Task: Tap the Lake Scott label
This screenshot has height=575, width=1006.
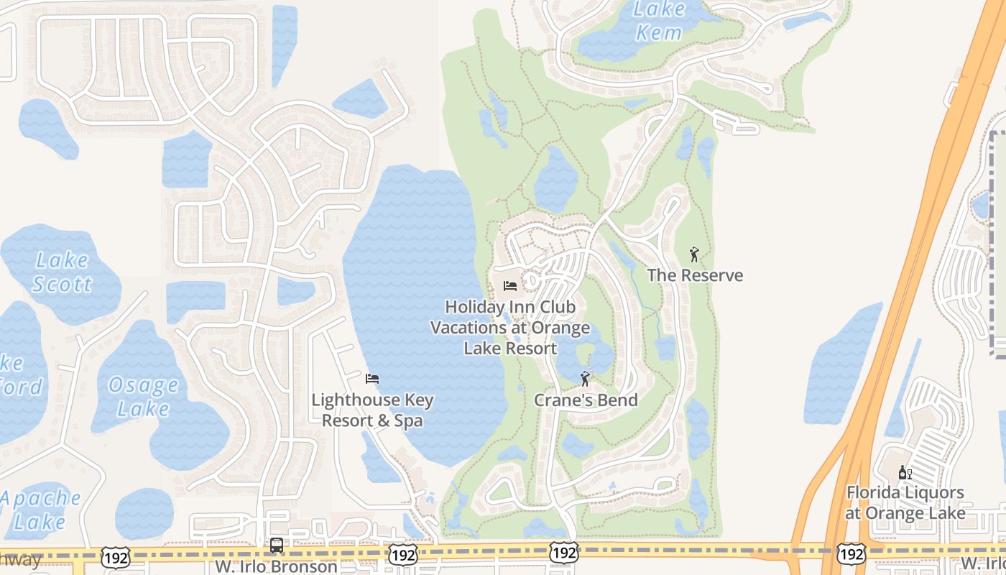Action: pyautogui.click(x=63, y=272)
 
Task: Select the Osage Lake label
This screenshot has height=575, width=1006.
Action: pyautogui.click(x=143, y=397)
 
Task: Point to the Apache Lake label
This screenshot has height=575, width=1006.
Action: pyautogui.click(x=40, y=510)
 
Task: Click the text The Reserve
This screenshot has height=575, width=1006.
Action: pyautogui.click(x=695, y=275)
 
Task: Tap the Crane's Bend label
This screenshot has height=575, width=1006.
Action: pyautogui.click(x=586, y=400)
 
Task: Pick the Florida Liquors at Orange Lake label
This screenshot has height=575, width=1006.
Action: pyautogui.click(x=905, y=502)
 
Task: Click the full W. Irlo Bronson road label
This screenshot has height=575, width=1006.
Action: pyautogui.click(x=277, y=566)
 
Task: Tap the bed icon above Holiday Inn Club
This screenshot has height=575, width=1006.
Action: pyautogui.click(x=510, y=286)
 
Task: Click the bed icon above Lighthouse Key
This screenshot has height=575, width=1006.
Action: pyautogui.click(x=372, y=379)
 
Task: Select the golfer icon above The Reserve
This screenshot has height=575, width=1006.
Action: pyautogui.click(x=694, y=254)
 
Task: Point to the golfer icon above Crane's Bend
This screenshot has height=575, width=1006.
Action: pyautogui.click(x=585, y=379)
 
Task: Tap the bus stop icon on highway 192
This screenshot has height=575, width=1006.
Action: pyautogui.click(x=277, y=546)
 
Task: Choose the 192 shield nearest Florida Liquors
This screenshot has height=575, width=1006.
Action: pyautogui.click(x=851, y=553)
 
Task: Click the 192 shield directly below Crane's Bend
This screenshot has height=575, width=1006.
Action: pyautogui.click(x=563, y=553)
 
